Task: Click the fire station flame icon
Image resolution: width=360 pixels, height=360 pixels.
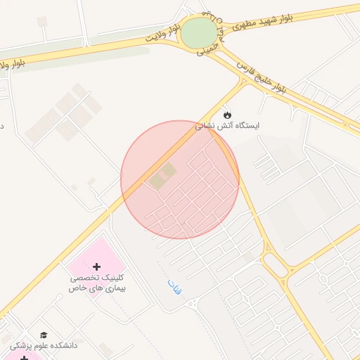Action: (226, 114)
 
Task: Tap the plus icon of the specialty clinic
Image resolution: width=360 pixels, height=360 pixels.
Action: (96, 266)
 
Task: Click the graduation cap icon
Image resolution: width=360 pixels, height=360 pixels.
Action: (44, 335)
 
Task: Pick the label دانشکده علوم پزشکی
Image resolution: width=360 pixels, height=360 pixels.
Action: (44, 346)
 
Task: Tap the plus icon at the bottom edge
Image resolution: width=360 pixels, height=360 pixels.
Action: (25, 358)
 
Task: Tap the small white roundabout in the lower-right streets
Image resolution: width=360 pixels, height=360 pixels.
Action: (323, 278)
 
